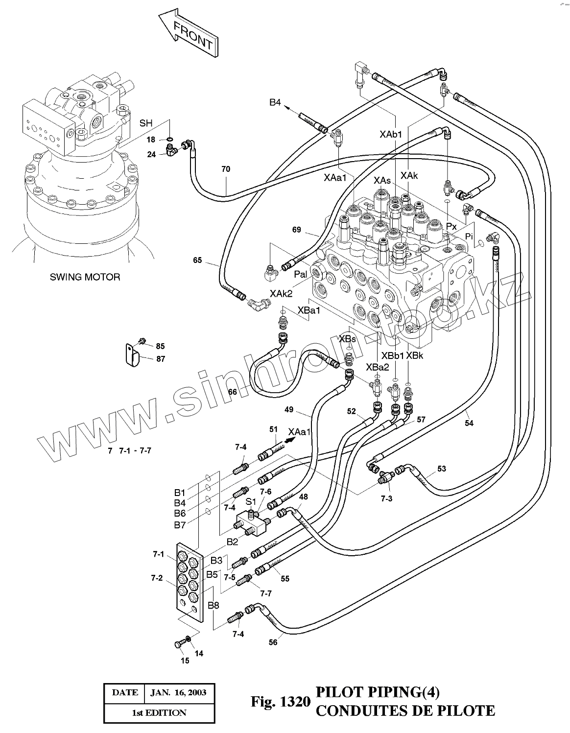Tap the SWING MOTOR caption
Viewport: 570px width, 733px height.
[x=85, y=277]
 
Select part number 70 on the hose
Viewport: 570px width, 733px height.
[x=226, y=169]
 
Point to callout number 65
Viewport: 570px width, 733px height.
[x=197, y=260]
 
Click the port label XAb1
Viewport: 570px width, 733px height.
[x=391, y=133]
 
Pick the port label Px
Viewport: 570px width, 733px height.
[x=451, y=227]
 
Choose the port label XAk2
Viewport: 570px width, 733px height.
[x=281, y=293]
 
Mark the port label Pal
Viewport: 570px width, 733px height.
[x=300, y=275]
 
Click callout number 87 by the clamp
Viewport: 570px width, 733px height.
[x=161, y=359]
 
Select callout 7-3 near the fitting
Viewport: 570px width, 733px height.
[x=386, y=498]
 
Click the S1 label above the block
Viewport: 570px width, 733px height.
[x=251, y=501]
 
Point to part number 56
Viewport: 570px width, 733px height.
[x=273, y=642]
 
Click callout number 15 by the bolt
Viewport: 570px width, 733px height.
[x=185, y=661]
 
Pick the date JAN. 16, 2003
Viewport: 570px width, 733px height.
[x=178, y=692]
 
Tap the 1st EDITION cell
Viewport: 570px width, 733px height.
[x=159, y=712]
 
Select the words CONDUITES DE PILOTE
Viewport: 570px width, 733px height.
[x=405, y=710]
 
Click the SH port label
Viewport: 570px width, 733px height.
[x=146, y=123]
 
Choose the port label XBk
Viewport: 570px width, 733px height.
[x=414, y=355]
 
